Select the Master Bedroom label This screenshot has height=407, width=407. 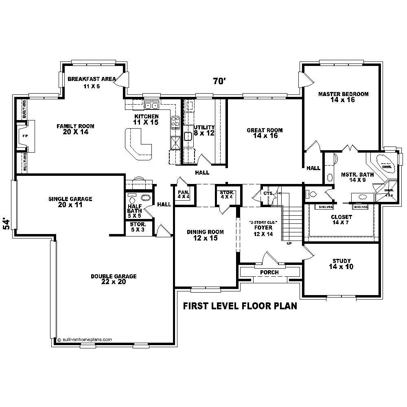coord(343,97)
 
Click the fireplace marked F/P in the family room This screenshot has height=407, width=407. coord(24,135)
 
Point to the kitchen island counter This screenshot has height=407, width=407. coord(138,144)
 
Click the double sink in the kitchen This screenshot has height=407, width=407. coord(152,106)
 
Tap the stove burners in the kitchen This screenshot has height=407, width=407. coord(176,122)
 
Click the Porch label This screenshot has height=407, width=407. coord(269,272)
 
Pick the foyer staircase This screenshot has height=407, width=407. coord(291,222)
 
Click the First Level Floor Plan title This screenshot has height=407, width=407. coord(240,306)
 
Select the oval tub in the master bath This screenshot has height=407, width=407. coord(385,163)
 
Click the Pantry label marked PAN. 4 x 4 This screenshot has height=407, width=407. coord(184,194)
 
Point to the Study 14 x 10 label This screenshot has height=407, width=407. coord(341,264)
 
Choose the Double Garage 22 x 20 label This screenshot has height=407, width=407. coord(114,279)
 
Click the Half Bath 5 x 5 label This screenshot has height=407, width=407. coord(134,208)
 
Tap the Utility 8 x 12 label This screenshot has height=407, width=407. coord(204,130)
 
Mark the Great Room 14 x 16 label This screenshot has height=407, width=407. coord(265,133)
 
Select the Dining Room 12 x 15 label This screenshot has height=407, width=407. coord(205,235)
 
